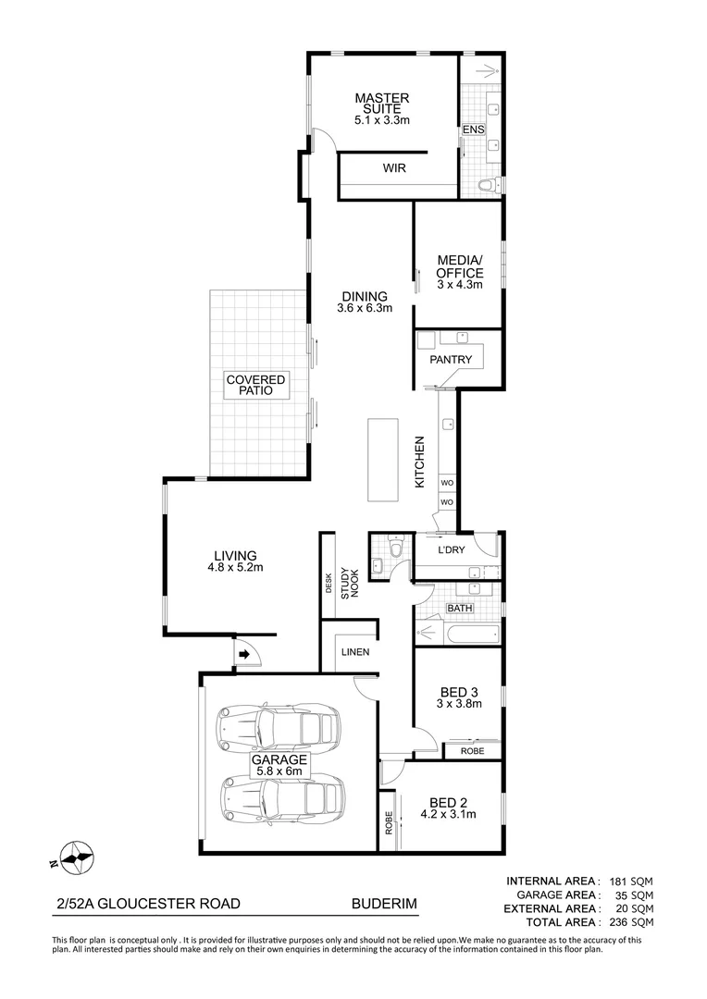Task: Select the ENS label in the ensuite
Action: coord(473,130)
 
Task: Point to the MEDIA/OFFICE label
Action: coord(460,267)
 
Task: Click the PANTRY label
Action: coord(452,360)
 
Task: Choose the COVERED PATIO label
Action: coord(256,385)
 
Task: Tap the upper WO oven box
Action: coord(446,483)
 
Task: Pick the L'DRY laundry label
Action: coord(453,550)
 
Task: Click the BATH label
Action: coord(460,608)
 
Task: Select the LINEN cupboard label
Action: coord(355,652)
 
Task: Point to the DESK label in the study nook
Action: coord(329,583)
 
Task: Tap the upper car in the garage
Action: coord(278,727)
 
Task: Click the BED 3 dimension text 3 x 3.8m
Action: coord(459,703)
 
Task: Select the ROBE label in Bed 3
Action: coord(472,751)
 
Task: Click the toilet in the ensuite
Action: coord(486,185)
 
